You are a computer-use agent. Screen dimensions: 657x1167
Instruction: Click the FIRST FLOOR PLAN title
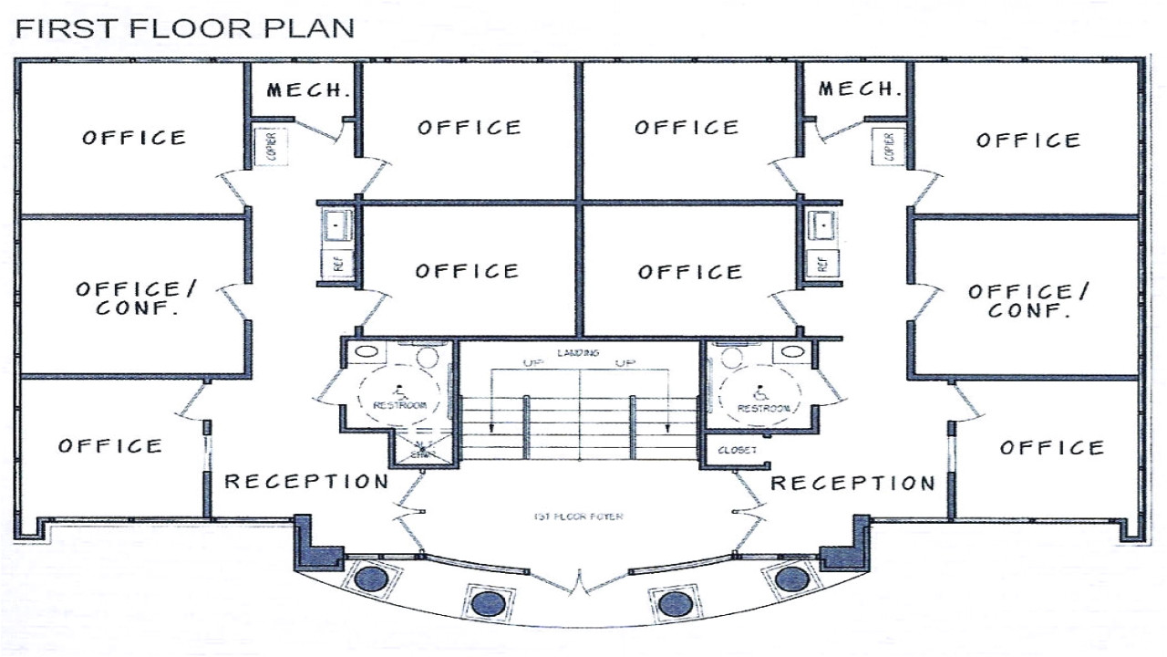(x=185, y=28)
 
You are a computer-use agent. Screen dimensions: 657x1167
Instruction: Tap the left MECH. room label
(x=308, y=89)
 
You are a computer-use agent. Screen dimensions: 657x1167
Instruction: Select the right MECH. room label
(x=860, y=89)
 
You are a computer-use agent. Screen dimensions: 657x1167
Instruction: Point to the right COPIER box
(x=889, y=145)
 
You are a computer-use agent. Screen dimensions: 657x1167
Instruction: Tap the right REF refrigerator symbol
(x=821, y=264)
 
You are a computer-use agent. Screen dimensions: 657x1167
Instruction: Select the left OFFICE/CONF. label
(x=136, y=297)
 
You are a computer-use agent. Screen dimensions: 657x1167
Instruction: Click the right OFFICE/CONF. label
(x=1028, y=300)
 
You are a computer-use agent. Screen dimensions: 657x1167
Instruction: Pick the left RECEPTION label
(x=306, y=481)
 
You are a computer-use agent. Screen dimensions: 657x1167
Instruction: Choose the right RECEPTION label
(x=852, y=483)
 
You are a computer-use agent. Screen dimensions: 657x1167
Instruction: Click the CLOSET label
(x=738, y=451)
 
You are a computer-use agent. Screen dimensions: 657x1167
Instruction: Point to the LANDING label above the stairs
(x=577, y=352)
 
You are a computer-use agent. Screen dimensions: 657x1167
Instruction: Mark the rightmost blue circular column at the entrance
(x=791, y=578)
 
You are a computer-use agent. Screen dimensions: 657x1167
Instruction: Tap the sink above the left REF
(x=336, y=224)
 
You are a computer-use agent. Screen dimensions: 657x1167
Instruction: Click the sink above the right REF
(x=822, y=224)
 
